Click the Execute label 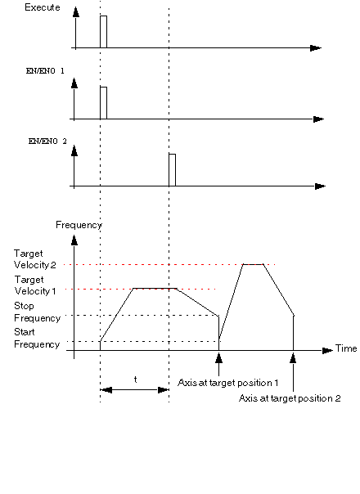click(x=43, y=7)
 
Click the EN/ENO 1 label click(x=45, y=71)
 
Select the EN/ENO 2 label click(x=47, y=141)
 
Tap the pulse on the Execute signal click(x=103, y=32)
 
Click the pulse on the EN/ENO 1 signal click(x=103, y=103)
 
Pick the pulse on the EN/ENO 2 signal click(x=172, y=170)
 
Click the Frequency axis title click(x=79, y=225)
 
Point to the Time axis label click(x=346, y=348)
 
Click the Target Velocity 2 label click(x=34, y=259)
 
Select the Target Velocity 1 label click(x=35, y=285)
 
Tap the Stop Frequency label click(x=37, y=312)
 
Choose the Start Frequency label click(x=37, y=338)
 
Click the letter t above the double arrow click(x=136, y=379)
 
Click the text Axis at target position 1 click(x=228, y=383)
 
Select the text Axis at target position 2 click(x=290, y=398)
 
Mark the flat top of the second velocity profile click(x=253, y=264)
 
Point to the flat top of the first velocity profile click(x=155, y=288)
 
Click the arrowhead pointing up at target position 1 click(x=218, y=358)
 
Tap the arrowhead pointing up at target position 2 click(x=293, y=358)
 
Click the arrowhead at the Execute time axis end click(x=316, y=48)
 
